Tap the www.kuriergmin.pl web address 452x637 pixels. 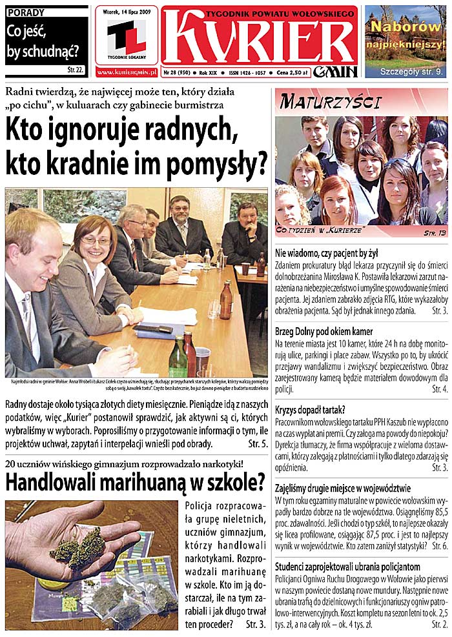[127, 73]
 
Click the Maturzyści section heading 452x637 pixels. [331, 102]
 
